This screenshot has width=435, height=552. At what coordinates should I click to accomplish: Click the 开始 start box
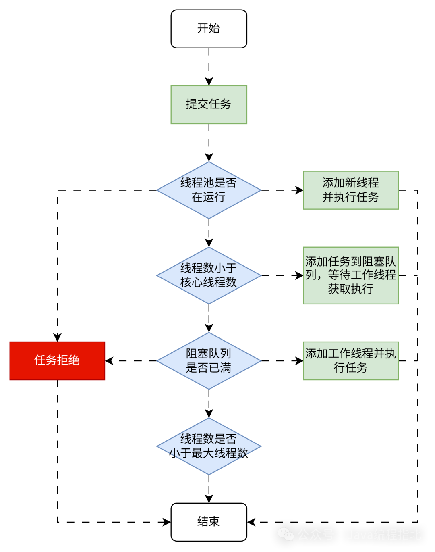pyautogui.click(x=209, y=29)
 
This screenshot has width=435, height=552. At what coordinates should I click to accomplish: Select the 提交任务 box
pyautogui.click(x=209, y=104)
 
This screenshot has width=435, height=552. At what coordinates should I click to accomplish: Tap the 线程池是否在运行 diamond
pyautogui.click(x=208, y=190)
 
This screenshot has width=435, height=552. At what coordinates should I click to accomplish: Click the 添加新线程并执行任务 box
pyautogui.click(x=350, y=190)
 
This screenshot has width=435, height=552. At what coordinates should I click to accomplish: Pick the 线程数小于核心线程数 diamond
pyautogui.click(x=208, y=275)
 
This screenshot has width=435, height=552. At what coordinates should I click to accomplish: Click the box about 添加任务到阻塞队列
pyautogui.click(x=350, y=275)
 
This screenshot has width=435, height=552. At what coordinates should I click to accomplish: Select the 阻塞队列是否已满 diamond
pyautogui.click(x=208, y=361)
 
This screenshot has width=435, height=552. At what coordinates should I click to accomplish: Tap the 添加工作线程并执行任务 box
pyautogui.click(x=350, y=360)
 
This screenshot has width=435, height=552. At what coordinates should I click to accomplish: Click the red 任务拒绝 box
pyautogui.click(x=57, y=360)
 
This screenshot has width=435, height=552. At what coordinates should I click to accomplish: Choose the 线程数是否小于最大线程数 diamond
pyautogui.click(x=208, y=446)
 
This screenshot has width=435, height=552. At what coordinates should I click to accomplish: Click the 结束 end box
pyautogui.click(x=209, y=521)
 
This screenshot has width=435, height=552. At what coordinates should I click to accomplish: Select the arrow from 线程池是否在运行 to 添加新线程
pyautogui.click(x=282, y=190)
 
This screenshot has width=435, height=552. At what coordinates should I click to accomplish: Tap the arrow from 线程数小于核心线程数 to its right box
pyautogui.click(x=282, y=276)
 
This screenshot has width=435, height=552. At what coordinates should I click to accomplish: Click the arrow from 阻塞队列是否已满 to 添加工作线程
pyautogui.click(x=282, y=361)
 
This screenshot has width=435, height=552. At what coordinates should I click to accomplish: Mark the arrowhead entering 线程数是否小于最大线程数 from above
pyautogui.click(x=209, y=413)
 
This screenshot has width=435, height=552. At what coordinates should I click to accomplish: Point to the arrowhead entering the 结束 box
pyautogui.click(x=209, y=499)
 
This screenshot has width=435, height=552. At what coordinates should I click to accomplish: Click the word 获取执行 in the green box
pyautogui.click(x=350, y=289)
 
